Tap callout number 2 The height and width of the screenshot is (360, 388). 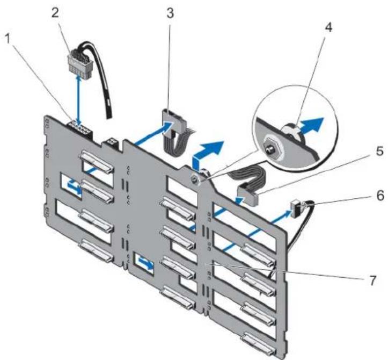tap(55, 13)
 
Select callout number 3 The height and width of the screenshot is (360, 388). tap(170, 13)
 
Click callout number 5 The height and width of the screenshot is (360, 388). tap(379, 151)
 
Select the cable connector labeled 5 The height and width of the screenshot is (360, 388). tap(247, 196)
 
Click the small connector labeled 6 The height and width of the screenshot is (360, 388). tap(296, 206)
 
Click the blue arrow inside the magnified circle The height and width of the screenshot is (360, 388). tap(311, 126)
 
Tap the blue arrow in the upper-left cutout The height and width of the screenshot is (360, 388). tap(74, 187)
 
